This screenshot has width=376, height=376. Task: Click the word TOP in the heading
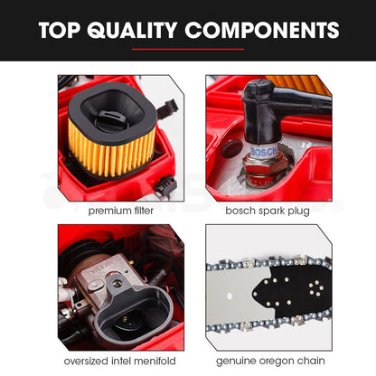(60, 30)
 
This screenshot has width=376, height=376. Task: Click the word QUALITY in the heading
(132, 30)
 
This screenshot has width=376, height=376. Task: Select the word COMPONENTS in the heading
(262, 30)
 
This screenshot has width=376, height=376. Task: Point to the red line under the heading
(188, 49)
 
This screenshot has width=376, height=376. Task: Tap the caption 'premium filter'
(121, 211)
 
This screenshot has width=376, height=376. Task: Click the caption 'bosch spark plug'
(268, 211)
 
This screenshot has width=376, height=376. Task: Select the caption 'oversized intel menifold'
(120, 361)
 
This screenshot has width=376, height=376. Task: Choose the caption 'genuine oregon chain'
(270, 361)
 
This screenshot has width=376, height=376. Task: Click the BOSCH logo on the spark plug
(264, 152)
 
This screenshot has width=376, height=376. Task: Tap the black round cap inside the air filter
(108, 119)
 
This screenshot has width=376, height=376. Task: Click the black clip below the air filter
(165, 184)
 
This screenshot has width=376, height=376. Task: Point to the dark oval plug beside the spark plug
(231, 148)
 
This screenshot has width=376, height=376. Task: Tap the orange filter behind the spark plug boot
(300, 85)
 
